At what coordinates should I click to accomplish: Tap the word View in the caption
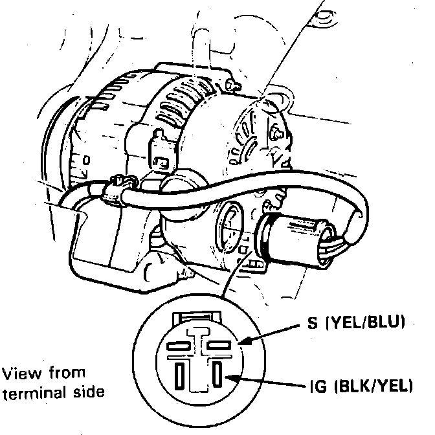pyautogui.click(x=18, y=374)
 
